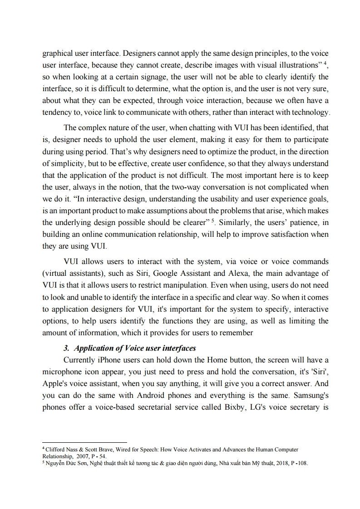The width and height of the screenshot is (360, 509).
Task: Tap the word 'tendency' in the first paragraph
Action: tap(57, 112)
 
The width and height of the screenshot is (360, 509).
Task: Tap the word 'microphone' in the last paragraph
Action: tap(63, 372)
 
